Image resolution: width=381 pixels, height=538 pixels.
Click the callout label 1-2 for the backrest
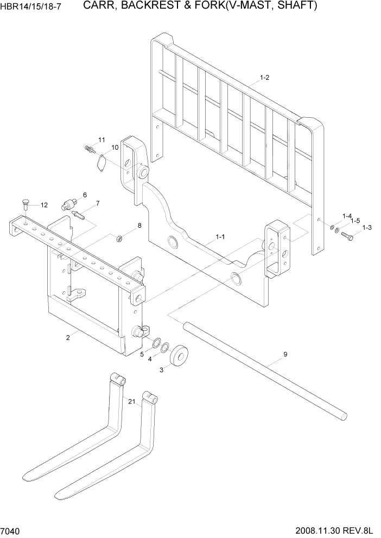(264, 78)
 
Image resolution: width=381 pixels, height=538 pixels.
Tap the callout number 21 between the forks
(131, 401)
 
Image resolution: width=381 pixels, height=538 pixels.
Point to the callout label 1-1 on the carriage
(220, 236)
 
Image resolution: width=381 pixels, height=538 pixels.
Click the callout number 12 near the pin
(44, 205)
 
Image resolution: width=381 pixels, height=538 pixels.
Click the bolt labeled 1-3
(350, 236)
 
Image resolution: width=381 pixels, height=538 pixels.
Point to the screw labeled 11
(90, 148)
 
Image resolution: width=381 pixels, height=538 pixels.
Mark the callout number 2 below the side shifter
(68, 338)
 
